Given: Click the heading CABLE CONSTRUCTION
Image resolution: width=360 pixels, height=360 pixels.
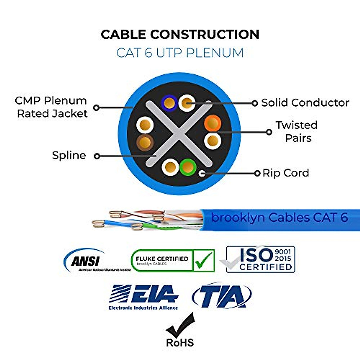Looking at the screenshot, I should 180,34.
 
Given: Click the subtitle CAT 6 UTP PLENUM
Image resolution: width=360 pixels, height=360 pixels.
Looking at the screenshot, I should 180,53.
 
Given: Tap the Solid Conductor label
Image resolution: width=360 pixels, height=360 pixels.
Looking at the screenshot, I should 305,103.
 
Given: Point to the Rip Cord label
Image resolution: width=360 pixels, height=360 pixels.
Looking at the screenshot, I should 286,173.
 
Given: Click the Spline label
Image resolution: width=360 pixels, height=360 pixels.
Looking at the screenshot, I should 69,155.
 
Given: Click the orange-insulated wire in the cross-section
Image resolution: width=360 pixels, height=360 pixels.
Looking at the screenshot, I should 213,123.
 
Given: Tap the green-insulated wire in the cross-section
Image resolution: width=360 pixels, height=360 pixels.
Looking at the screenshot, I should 188,167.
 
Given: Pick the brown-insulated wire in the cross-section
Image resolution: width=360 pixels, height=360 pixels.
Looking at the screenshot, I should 145,142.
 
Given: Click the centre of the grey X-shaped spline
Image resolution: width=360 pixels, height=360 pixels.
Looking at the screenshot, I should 179,134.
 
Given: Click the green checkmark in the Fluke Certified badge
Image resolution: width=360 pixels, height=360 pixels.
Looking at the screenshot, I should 204,260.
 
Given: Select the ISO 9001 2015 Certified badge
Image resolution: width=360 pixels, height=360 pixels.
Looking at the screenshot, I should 260,259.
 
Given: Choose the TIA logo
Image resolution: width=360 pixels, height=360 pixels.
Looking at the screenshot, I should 222,296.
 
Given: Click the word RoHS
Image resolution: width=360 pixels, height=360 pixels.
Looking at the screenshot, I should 180,343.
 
